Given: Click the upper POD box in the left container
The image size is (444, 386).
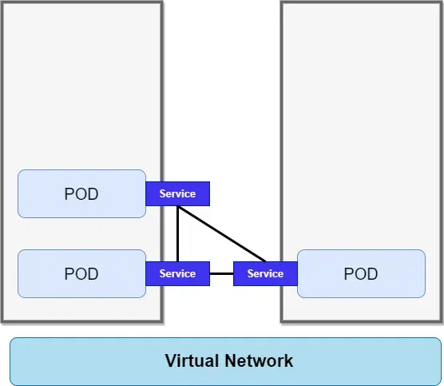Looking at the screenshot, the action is coord(81,194).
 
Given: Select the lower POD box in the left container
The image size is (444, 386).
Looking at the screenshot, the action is coord(81,274).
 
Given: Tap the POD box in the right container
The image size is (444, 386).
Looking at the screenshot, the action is coord(361,274).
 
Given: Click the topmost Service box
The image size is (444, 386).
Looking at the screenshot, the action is coord(178,194).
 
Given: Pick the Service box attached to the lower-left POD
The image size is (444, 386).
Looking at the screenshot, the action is coord(178,274).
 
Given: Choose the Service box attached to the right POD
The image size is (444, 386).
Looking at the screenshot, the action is coord(265,274).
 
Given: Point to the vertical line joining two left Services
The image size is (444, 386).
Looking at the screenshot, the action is coord(177,234).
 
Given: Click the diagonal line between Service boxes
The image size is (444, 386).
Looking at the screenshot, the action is coord(222,234).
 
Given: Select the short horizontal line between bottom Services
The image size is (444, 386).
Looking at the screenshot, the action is coord(221,274).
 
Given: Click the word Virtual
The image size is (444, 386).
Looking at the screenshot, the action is coord(192,360).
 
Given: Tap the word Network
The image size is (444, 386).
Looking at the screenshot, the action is coord(259,360).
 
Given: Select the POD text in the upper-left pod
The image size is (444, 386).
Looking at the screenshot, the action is coord(81,194).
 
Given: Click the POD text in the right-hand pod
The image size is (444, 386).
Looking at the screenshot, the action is coord(361,274).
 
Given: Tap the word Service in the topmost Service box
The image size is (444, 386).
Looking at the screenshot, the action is coord(177,194).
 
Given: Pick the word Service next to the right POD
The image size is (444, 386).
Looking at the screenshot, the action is coord(265,274).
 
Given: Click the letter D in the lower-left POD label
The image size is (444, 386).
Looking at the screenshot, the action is coord(93,274).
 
